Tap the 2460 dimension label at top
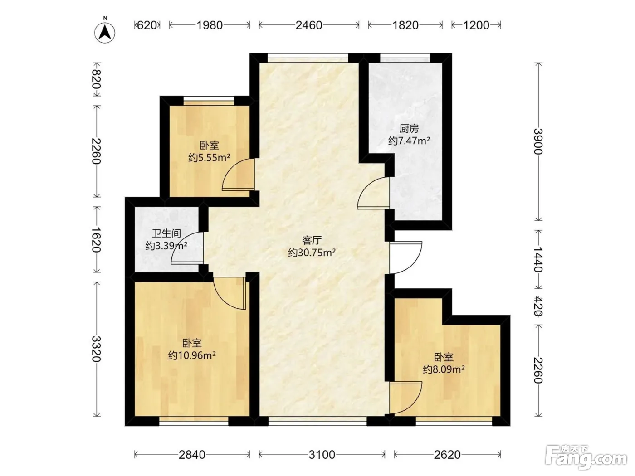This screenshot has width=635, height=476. tap(309, 25)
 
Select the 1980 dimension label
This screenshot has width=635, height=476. tap(210, 25)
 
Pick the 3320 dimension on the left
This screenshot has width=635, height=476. tap(96, 349)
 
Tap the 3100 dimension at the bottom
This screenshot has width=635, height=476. tap(322, 455)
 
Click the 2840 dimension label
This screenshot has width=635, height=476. tap(192, 455)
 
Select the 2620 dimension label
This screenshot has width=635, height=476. tap(447, 455)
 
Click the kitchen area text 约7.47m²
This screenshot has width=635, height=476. tap(409, 141)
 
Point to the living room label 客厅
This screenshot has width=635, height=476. tap(312, 240)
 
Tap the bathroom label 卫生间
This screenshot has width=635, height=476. tap(166, 233)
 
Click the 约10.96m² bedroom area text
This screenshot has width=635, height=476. tap(192, 355)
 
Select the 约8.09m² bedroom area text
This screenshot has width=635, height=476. tap(444, 369)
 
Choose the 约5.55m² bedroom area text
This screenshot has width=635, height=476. tap(209, 157)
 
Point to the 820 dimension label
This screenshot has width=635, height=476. tap(96, 79)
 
